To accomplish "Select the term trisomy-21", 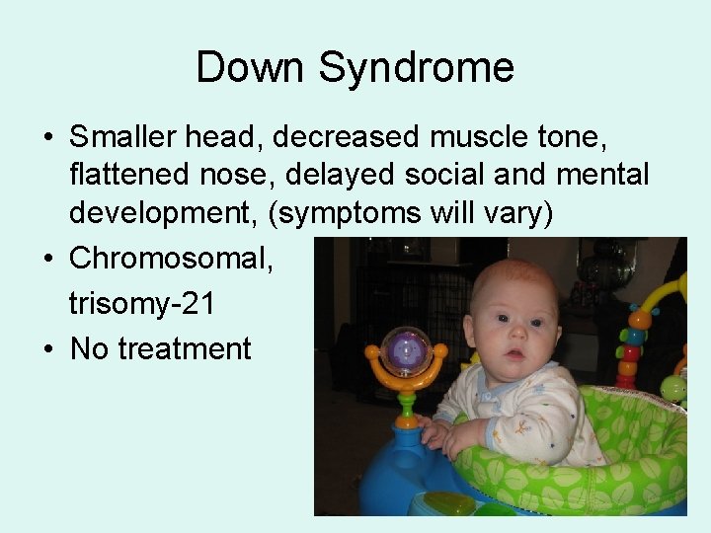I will click(x=141, y=302).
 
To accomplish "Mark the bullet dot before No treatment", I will click(x=48, y=348).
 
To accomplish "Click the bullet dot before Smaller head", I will click(x=48, y=136).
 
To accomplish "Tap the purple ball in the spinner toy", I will click(x=406, y=348).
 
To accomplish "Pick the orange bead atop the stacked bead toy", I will click(x=639, y=319).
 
